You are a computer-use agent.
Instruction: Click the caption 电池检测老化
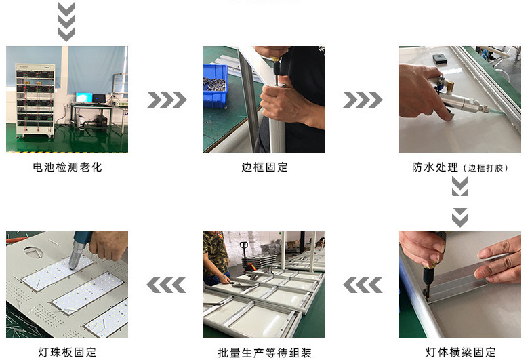tap(67, 167)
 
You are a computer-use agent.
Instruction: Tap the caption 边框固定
tap(264, 167)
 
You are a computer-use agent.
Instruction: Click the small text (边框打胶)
tap(487, 167)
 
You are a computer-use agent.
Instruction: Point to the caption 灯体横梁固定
tap(461, 352)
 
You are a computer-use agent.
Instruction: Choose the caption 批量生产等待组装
tap(264, 352)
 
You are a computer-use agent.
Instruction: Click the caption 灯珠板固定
tap(67, 352)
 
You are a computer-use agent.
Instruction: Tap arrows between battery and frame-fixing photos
tap(167, 100)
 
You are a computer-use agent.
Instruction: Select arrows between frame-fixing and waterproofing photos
tap(362, 100)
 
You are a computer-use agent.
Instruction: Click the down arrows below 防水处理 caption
tap(460, 201)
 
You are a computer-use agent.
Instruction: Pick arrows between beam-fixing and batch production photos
tap(362, 285)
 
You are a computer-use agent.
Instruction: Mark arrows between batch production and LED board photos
tap(167, 285)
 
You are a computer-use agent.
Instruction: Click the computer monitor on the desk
tap(85, 98)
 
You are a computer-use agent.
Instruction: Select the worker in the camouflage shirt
tap(216, 254)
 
